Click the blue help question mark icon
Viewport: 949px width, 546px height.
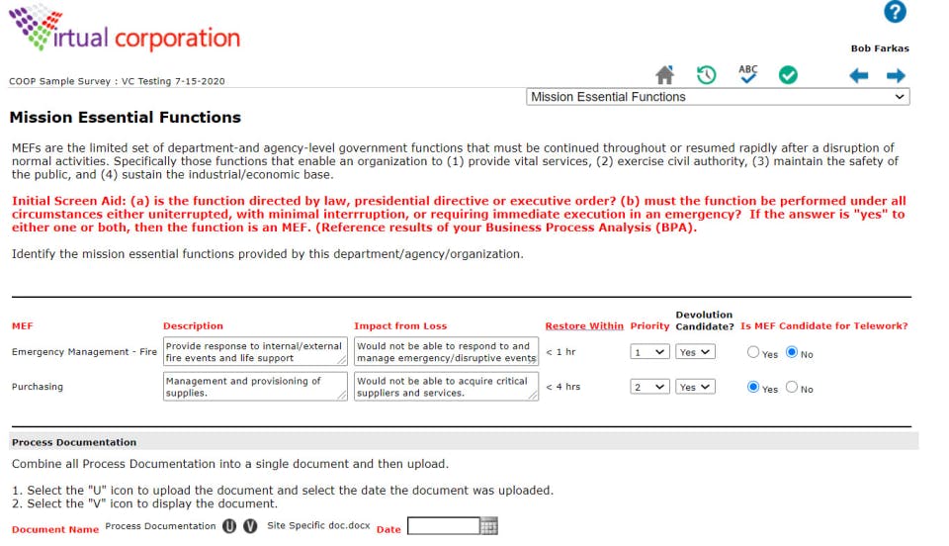pyautogui.click(x=895, y=13)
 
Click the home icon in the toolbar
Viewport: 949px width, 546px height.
pyautogui.click(x=665, y=75)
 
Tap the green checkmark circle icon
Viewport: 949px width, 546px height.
pyautogui.click(x=788, y=75)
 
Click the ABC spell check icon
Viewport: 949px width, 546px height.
pyautogui.click(x=748, y=74)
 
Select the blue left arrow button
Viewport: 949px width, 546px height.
pyautogui.click(x=859, y=76)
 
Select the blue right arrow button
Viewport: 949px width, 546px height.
pyautogui.click(x=896, y=76)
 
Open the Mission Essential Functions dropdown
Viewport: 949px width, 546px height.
pyautogui.click(x=718, y=97)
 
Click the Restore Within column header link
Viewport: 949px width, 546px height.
pyautogui.click(x=584, y=325)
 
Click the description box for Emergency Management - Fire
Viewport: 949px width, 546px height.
pyautogui.click(x=255, y=352)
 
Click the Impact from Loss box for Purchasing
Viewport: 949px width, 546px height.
pyautogui.click(x=446, y=387)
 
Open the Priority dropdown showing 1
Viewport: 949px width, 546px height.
pyautogui.click(x=649, y=352)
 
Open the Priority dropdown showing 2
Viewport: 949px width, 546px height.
pyautogui.click(x=649, y=387)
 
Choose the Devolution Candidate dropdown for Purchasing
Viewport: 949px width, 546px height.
pyautogui.click(x=695, y=387)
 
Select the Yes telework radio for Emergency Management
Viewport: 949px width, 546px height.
pyautogui.click(x=754, y=352)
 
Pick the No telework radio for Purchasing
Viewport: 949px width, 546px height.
pyautogui.click(x=792, y=388)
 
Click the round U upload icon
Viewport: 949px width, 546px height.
pyautogui.click(x=229, y=526)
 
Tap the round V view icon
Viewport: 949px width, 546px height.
pyautogui.click(x=250, y=526)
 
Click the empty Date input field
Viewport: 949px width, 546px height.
pyautogui.click(x=443, y=526)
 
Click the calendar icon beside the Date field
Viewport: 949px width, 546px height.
pyautogui.click(x=488, y=527)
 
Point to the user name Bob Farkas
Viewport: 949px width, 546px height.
pyautogui.click(x=880, y=48)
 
